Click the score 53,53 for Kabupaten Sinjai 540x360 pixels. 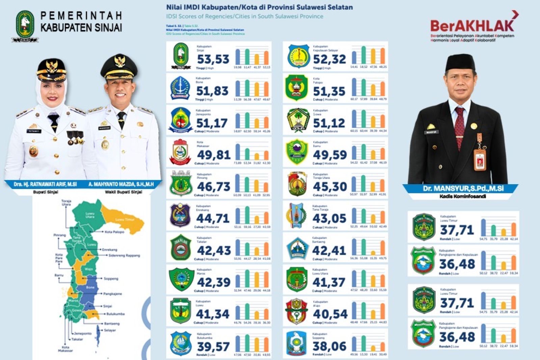213,59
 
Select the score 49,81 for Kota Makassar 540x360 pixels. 213,155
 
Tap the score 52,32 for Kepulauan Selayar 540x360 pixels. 329,59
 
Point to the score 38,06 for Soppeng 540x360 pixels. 329,346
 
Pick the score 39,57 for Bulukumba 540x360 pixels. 213,347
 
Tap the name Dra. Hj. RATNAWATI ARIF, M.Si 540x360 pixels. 45,185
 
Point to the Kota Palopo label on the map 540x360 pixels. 114,232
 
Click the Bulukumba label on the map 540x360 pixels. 115,314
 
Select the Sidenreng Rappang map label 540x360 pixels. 124,255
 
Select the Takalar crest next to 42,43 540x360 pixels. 181,248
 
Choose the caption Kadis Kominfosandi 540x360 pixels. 462,196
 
